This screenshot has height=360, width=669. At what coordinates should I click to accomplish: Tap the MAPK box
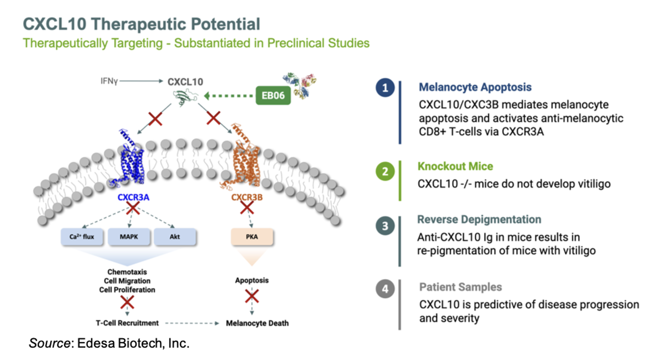click(129, 236)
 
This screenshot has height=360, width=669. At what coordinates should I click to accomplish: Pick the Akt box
click(175, 236)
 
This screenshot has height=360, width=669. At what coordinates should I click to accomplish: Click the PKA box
click(251, 236)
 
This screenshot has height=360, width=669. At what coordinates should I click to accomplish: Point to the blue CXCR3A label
click(133, 198)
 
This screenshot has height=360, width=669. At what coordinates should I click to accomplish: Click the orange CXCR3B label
click(248, 198)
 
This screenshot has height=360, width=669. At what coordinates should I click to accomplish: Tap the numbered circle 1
click(385, 88)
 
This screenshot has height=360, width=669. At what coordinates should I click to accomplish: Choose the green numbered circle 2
click(385, 172)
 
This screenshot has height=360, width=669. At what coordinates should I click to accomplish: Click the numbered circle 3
click(385, 226)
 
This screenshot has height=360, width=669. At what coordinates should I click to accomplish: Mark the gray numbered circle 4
click(385, 289)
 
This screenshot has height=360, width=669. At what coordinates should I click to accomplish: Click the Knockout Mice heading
click(455, 166)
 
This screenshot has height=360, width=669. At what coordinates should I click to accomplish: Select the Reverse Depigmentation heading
click(479, 219)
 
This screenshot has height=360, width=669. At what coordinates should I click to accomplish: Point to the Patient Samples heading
click(461, 287)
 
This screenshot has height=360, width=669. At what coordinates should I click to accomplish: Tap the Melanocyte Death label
click(257, 323)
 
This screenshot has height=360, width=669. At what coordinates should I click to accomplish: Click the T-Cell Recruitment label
click(127, 323)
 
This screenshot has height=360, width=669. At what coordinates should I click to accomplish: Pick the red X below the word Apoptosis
click(252, 296)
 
